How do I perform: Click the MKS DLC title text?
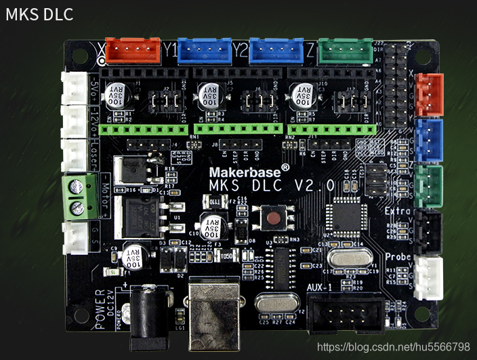click(x=39, y=14)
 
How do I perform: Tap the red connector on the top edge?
click(x=133, y=48)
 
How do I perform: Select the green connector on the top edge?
click(x=345, y=49)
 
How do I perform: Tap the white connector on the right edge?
click(x=428, y=277)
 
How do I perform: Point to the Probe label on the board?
click(x=398, y=258)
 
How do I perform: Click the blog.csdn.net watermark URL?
click(x=393, y=346)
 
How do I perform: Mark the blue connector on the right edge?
click(x=428, y=136)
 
